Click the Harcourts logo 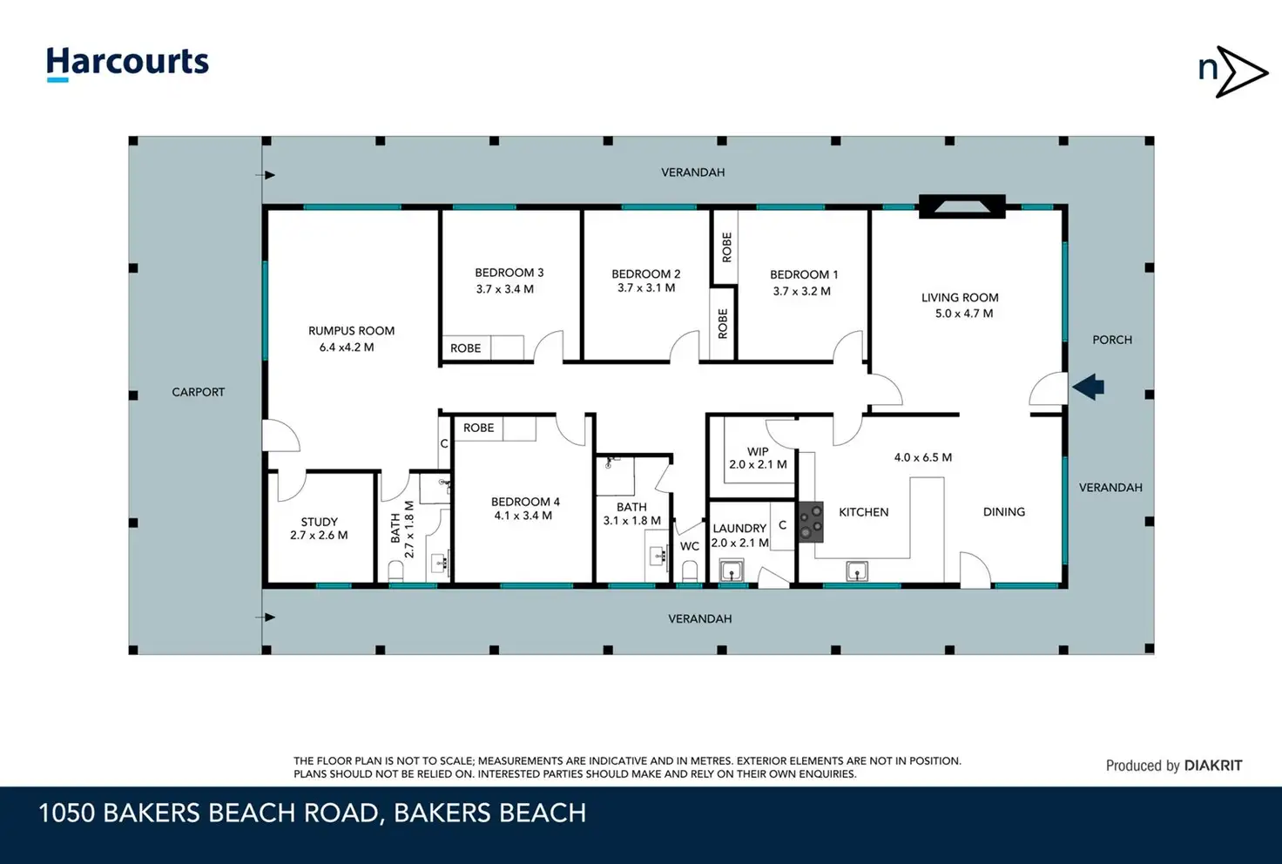coord(128,64)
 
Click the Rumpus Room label coord(351,331)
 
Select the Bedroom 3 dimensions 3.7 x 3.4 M coord(505,289)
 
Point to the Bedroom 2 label coord(645,274)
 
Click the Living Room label coord(960,298)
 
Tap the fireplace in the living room coord(962,206)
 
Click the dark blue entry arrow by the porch coord(1088,387)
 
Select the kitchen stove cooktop coord(811,522)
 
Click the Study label coord(320,522)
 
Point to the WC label coord(690,546)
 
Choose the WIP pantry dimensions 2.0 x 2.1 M coord(758,464)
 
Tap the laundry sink coord(732,570)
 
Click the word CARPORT coord(198,393)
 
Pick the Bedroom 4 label coord(525,502)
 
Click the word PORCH coord(1112,340)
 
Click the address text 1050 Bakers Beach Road coord(208,813)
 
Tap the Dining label coord(1004,512)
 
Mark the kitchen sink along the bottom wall coord(857,571)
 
